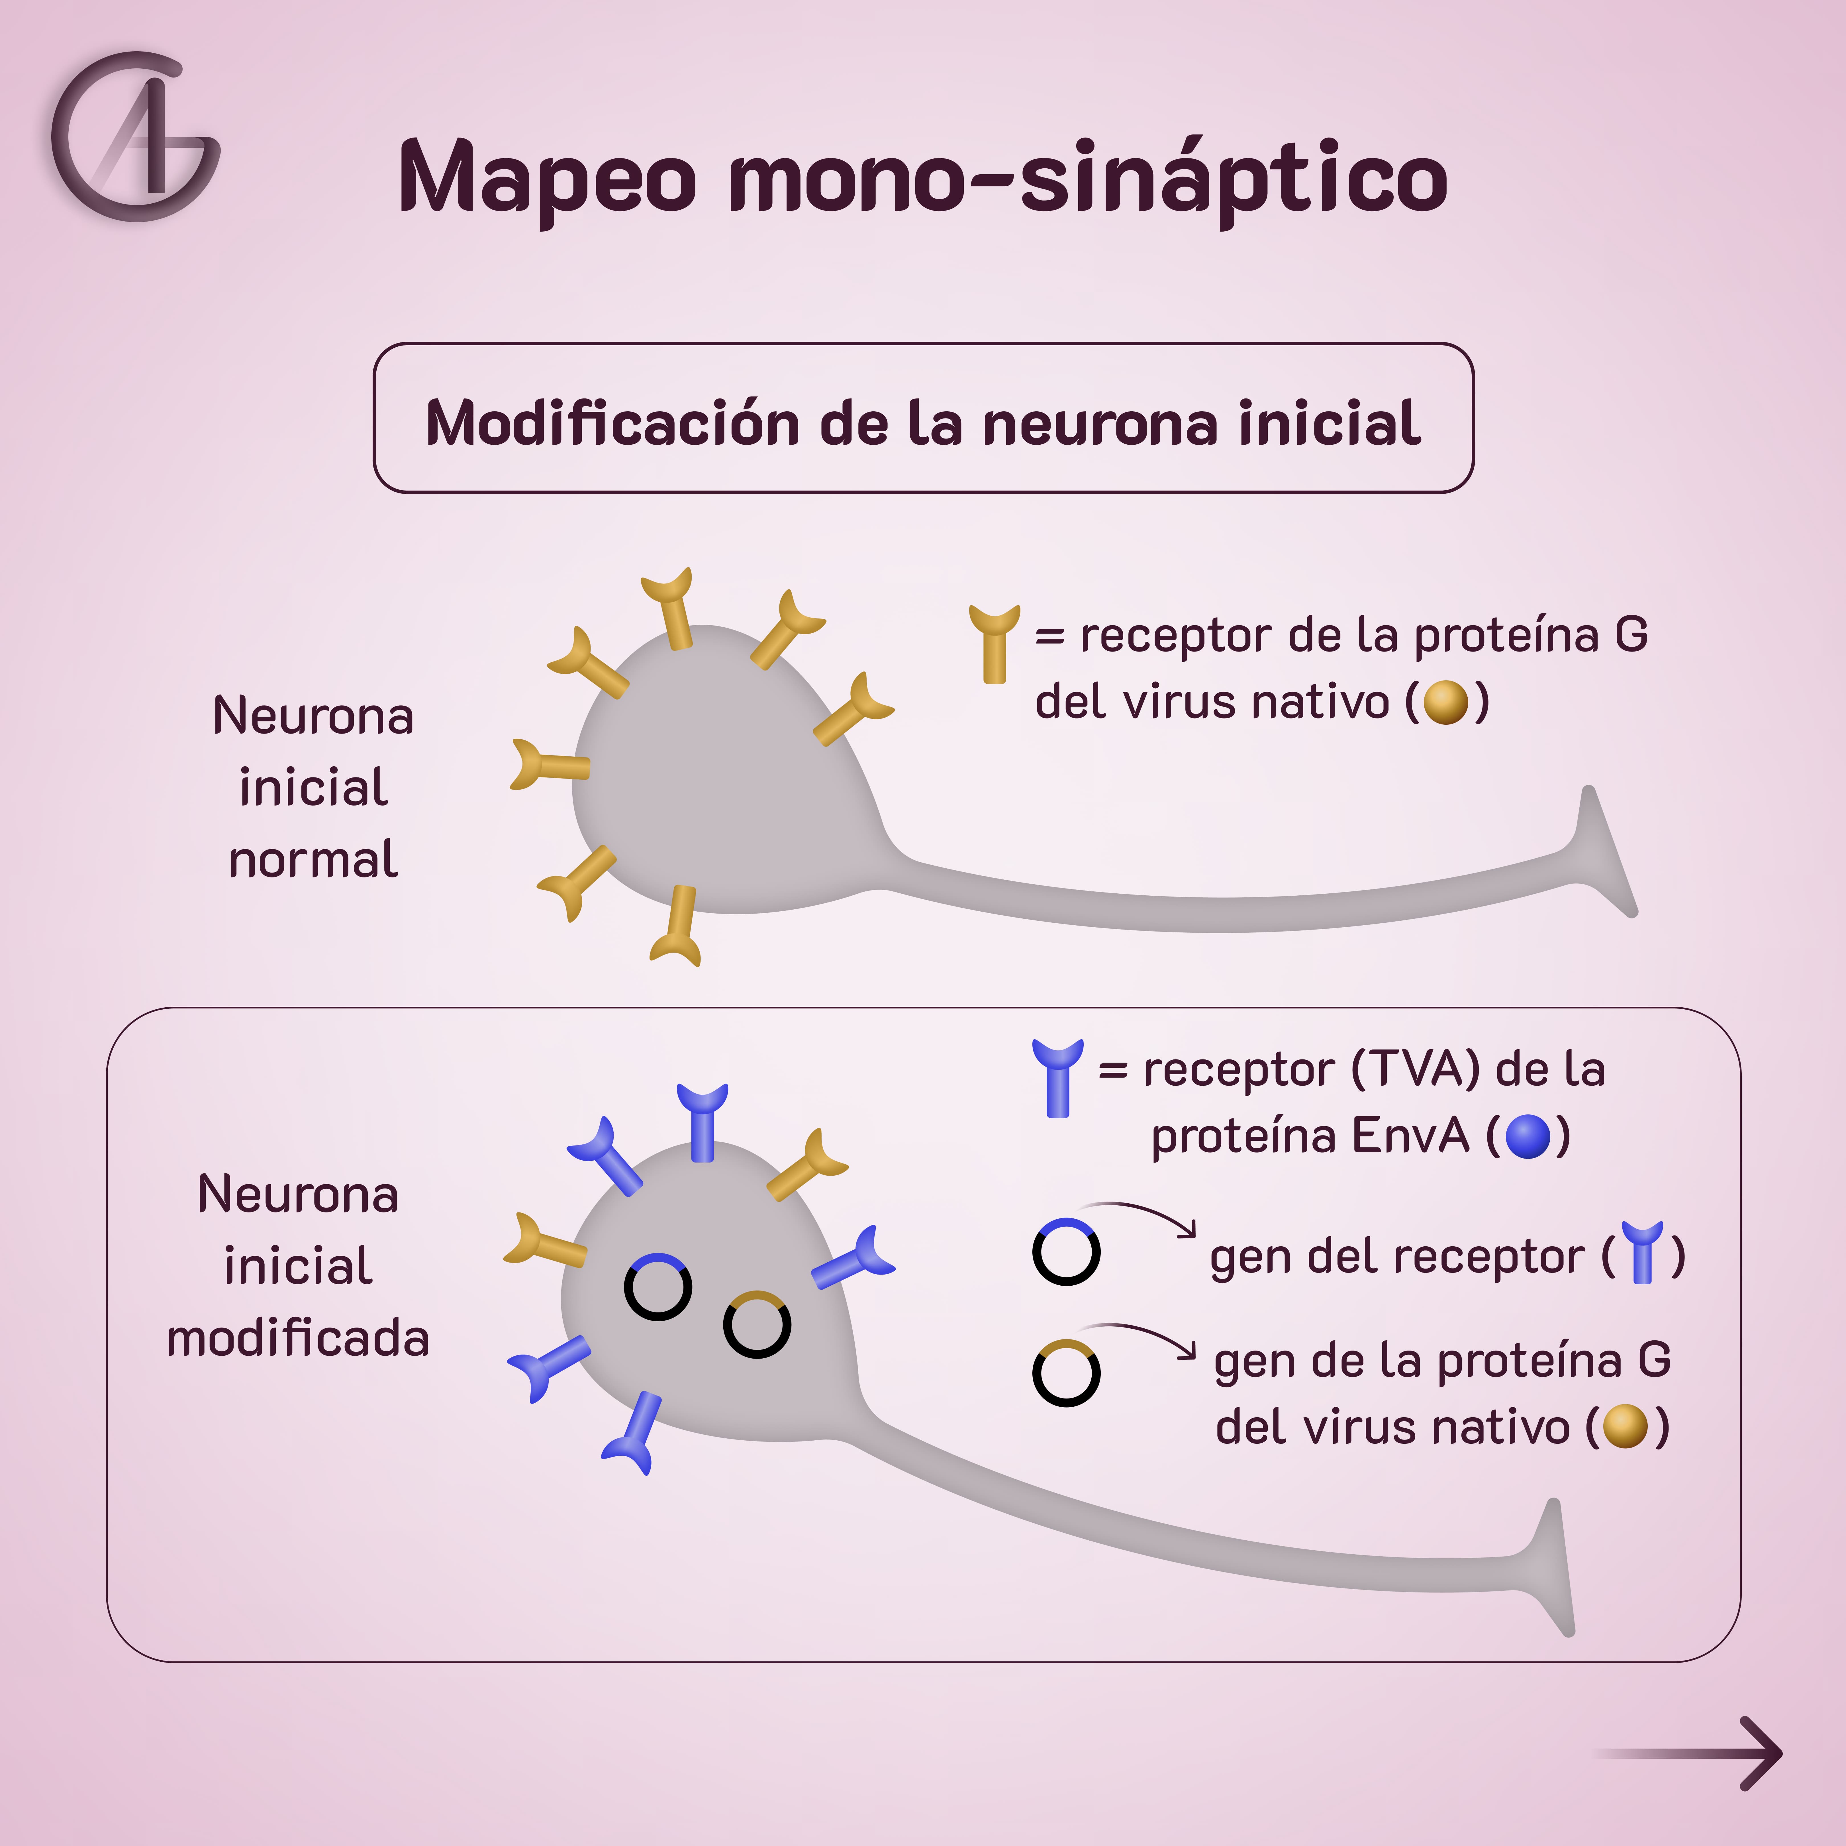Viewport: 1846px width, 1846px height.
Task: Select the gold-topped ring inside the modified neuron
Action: coord(757,1324)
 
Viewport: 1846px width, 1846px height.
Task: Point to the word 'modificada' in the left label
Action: coord(298,1338)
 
